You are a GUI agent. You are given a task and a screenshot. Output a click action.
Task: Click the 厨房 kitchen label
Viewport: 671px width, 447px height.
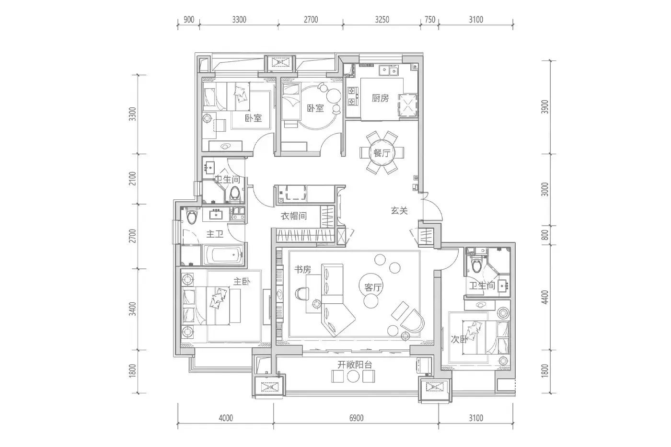[380, 98]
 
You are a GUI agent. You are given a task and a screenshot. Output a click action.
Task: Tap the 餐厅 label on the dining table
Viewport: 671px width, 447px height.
[382, 153]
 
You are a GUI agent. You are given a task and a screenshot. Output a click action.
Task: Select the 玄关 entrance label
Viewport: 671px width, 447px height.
[399, 211]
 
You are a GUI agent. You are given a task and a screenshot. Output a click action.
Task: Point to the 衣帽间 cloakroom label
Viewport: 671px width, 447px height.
[293, 216]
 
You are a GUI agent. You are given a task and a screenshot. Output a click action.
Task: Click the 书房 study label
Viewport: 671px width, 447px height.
[302, 269]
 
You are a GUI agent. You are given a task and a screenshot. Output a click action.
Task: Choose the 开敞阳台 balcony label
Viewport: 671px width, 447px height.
[355, 365]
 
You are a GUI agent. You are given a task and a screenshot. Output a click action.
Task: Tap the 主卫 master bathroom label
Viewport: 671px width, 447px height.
[215, 234]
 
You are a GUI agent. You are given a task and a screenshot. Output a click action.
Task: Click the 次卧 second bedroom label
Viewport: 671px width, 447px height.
[460, 339]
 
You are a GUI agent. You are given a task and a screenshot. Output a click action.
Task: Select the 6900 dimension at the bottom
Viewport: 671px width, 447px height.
[356, 418]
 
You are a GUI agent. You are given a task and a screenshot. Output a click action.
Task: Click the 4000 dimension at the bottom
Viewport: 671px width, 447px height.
[226, 418]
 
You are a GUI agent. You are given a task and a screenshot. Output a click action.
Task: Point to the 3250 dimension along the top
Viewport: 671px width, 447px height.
[382, 20]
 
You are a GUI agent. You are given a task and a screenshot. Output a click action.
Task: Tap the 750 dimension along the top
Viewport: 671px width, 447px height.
[430, 20]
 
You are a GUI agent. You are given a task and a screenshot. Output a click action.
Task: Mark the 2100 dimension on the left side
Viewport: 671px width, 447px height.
[132, 179]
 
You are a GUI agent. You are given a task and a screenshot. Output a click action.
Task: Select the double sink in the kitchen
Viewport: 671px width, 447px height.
[389, 71]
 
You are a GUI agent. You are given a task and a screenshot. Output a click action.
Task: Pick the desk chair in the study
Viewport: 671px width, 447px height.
[302, 293]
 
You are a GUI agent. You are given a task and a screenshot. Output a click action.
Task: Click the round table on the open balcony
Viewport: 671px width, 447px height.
[353, 377]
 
